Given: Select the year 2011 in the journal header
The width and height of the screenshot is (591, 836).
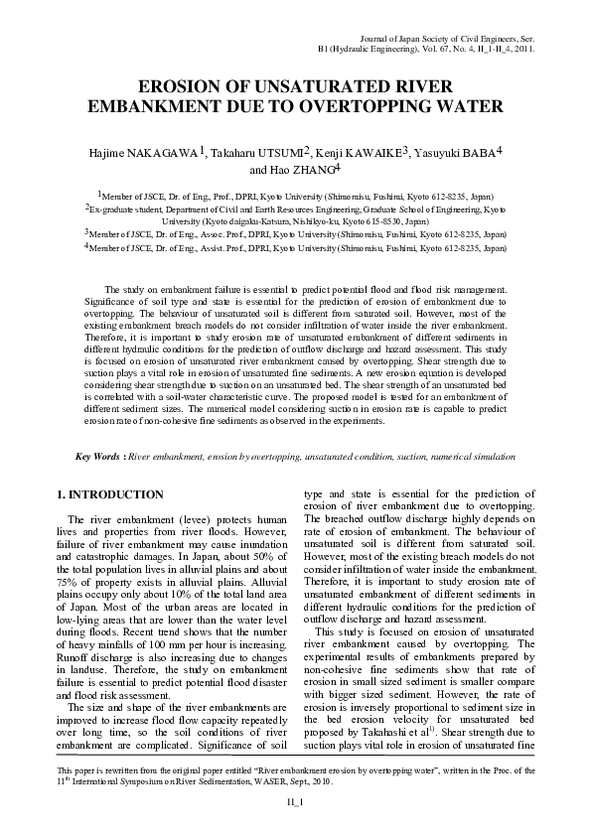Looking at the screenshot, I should [x=526, y=47].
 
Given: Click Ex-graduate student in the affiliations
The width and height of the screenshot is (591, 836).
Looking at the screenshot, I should [x=122, y=210].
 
